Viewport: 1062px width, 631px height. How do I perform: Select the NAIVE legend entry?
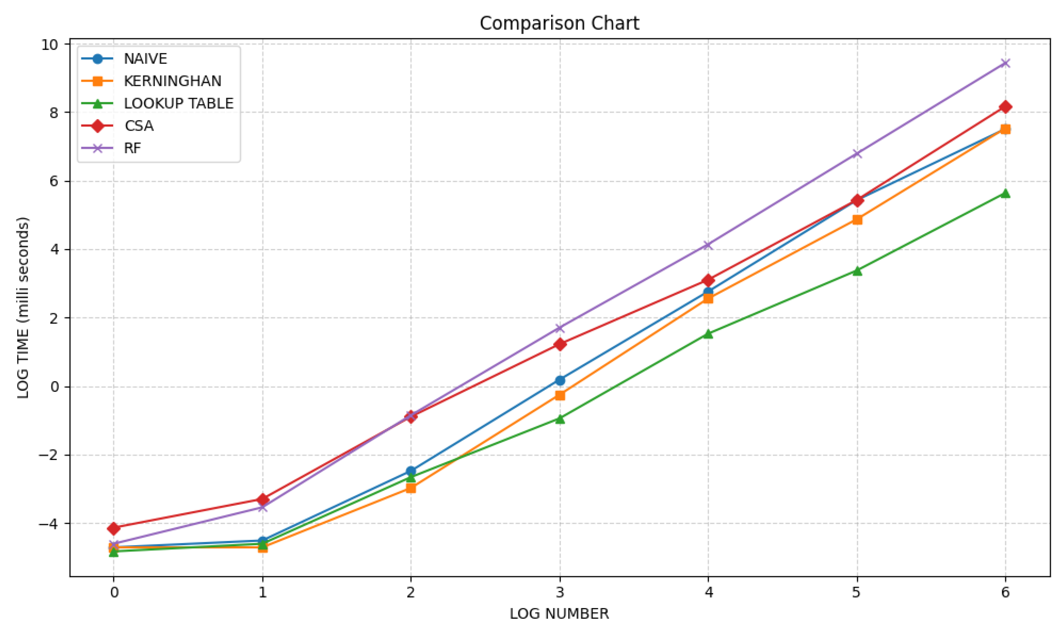click(145, 59)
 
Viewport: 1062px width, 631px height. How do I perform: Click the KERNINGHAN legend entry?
click(172, 81)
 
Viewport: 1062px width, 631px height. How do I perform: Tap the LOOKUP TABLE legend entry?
click(178, 103)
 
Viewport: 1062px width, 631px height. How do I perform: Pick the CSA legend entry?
click(139, 126)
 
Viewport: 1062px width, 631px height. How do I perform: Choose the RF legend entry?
click(132, 148)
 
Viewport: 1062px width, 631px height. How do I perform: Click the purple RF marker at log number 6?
click(1005, 63)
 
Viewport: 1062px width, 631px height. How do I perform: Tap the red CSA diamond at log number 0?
click(114, 529)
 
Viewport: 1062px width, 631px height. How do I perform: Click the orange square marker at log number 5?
click(857, 220)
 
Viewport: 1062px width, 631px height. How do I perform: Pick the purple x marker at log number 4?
click(708, 245)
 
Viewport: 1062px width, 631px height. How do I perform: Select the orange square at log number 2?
click(410, 488)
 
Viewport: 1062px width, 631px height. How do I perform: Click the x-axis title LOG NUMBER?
click(559, 614)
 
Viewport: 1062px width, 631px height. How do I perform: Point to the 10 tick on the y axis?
click(50, 44)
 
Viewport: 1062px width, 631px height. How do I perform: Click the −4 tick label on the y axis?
click(48, 524)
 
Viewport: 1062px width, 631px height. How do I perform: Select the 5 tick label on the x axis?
click(856, 592)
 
